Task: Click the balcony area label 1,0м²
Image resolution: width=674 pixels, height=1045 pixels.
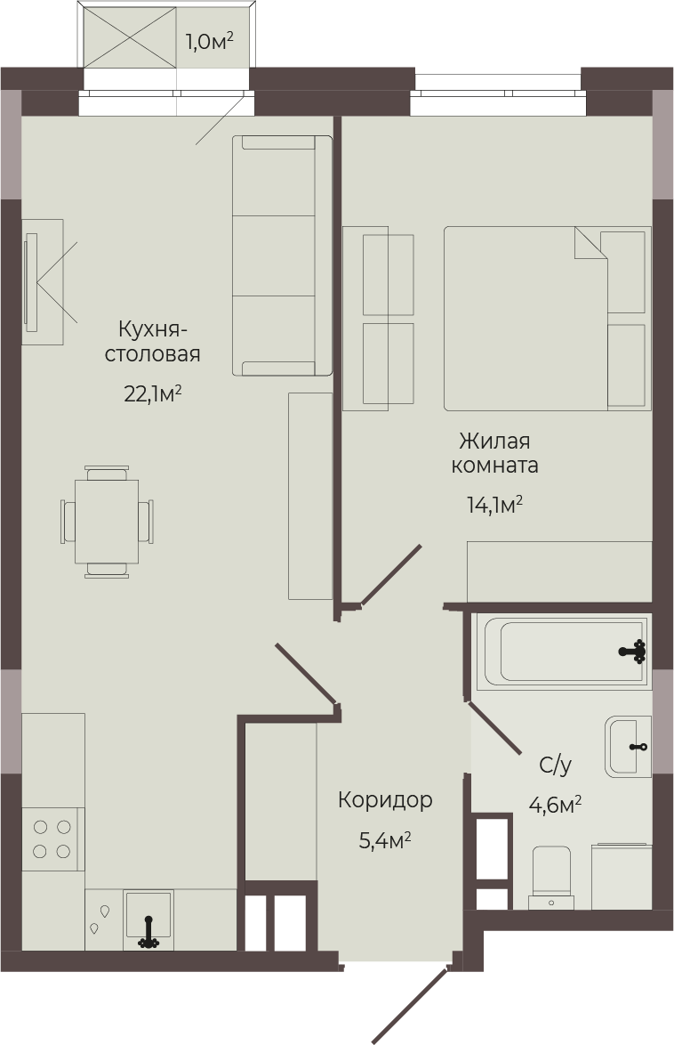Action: [x=209, y=41]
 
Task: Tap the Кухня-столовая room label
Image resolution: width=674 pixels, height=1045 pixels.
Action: [x=153, y=341]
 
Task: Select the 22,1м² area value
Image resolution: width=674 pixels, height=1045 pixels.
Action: [x=153, y=393]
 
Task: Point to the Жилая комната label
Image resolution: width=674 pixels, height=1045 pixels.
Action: [x=495, y=452]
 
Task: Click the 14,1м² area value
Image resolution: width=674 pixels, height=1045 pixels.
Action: [x=495, y=505]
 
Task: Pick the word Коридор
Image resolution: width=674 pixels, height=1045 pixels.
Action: [x=385, y=799]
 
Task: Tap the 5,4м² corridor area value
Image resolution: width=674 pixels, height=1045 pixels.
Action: [x=385, y=840]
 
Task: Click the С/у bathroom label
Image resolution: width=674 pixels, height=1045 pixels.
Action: [x=555, y=766]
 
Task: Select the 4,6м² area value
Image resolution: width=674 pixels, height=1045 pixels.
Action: [x=555, y=805]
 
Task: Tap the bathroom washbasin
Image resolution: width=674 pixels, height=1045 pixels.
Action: [x=628, y=747]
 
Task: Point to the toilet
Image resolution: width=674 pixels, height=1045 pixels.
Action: [x=551, y=878]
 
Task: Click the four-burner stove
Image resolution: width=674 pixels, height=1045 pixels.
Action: [x=52, y=839]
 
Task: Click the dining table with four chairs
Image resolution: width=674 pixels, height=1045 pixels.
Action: [x=108, y=522]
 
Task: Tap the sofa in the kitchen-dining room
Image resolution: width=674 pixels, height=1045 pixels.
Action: [x=283, y=256]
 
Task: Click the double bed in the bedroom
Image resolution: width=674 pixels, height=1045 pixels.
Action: [x=547, y=318]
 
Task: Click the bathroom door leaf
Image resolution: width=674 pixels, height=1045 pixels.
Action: [x=495, y=728]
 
